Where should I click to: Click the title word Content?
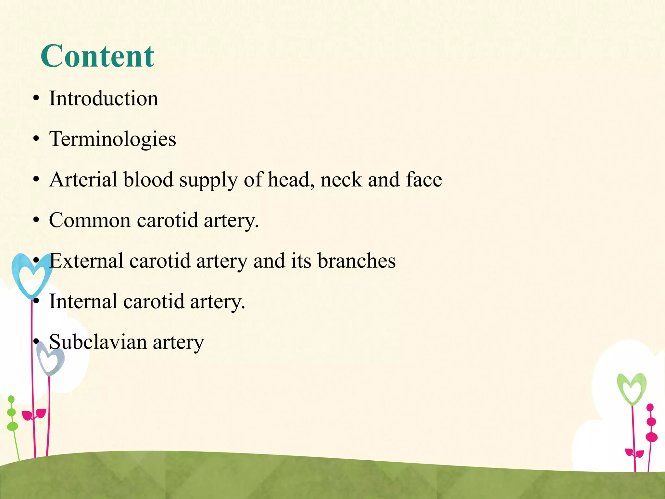pos(97,57)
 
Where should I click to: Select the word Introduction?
pos(104,98)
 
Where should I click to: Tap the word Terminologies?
pos(112,139)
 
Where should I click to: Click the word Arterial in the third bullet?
pos(83,180)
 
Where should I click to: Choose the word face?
pos(424,180)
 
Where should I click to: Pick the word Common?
pos(90,220)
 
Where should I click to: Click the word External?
pos(86,261)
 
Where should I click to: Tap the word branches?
pos(356,261)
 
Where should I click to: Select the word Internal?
pos(83,301)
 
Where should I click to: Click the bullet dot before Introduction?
pos(36,99)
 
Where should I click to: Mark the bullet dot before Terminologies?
pos(36,139)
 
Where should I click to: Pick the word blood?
pos(148,180)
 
